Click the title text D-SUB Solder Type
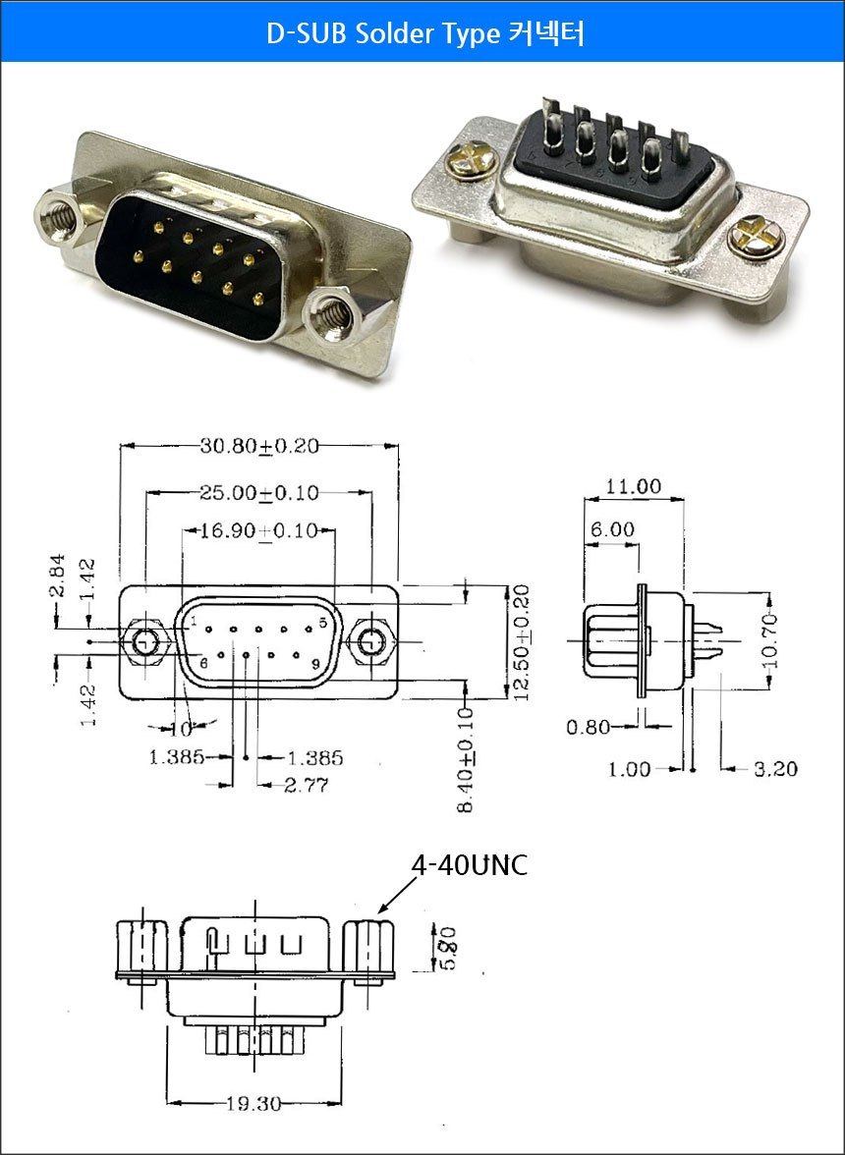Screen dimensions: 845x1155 (382, 33)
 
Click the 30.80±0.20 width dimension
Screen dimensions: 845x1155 (259, 446)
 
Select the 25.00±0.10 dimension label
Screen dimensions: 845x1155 (259, 493)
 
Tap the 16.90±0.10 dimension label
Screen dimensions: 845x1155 (259, 530)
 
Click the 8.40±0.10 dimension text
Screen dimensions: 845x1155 (466, 759)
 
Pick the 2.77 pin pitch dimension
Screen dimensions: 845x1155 (307, 786)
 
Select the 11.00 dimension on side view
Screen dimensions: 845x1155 (634, 486)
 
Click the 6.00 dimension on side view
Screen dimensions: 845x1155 (612, 529)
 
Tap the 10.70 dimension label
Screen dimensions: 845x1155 (770, 640)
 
